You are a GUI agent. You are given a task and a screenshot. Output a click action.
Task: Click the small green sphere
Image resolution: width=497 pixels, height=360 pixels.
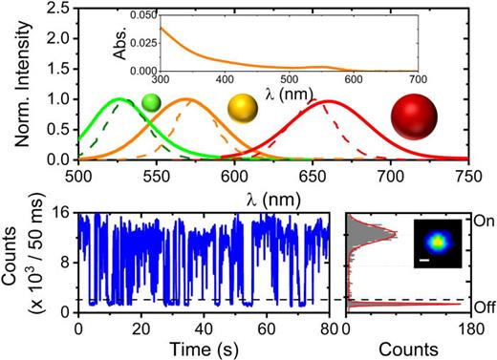(151, 102)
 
